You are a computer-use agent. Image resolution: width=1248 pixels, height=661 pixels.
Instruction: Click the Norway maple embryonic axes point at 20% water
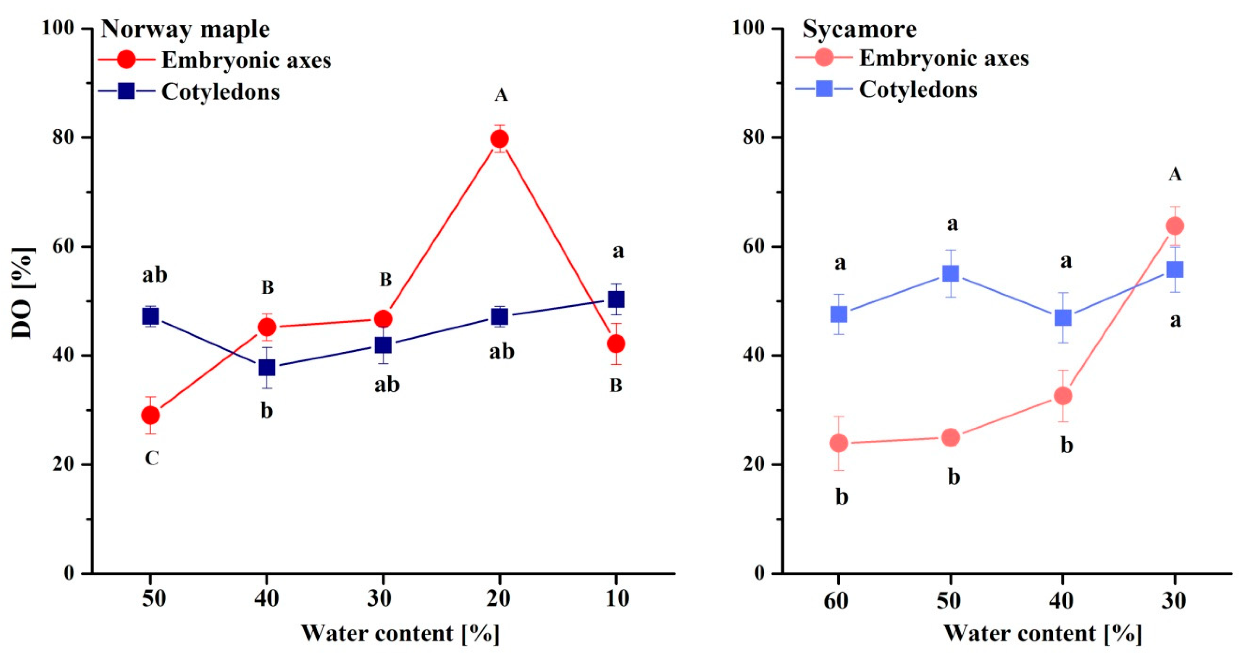click(x=500, y=139)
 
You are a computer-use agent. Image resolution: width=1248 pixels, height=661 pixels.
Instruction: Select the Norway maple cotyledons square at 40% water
click(x=266, y=368)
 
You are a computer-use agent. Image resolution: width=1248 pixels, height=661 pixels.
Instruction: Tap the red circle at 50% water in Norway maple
click(x=150, y=415)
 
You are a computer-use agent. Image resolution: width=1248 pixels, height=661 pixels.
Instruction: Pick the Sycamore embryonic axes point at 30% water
click(x=1175, y=226)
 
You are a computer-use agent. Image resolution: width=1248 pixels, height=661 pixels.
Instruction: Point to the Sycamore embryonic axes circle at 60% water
click(x=839, y=443)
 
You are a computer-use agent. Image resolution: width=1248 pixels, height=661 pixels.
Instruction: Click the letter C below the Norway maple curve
click(x=152, y=458)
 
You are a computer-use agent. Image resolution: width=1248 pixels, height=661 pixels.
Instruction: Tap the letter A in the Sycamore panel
click(x=1175, y=174)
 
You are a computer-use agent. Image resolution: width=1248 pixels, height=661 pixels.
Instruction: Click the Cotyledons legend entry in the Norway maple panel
click(x=221, y=91)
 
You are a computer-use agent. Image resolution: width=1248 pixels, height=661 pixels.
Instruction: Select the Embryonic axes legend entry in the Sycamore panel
click(x=943, y=59)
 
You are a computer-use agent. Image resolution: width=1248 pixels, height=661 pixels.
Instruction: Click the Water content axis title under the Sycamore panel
click(x=1043, y=634)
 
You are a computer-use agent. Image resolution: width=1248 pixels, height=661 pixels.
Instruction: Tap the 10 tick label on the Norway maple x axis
click(x=617, y=599)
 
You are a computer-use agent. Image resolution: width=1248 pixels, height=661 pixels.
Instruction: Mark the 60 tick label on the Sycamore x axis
click(x=836, y=601)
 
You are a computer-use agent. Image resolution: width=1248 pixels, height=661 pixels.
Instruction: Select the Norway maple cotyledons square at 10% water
click(x=616, y=299)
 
